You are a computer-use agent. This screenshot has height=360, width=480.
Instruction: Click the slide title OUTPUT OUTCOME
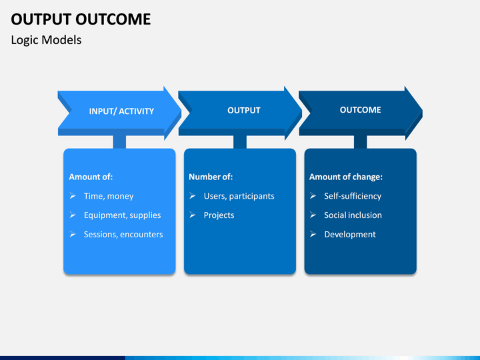click(x=81, y=19)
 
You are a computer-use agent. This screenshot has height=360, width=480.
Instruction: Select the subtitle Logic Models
click(x=46, y=40)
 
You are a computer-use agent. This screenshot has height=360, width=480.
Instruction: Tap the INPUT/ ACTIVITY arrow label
click(x=121, y=111)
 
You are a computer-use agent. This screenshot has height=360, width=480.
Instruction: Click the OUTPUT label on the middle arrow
click(x=244, y=110)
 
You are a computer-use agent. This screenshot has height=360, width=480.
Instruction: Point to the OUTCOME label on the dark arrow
click(x=360, y=110)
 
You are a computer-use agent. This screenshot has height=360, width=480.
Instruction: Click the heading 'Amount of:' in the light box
click(x=91, y=177)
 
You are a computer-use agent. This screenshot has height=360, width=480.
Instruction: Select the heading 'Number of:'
click(x=211, y=177)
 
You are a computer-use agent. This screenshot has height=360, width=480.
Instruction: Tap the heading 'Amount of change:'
click(x=346, y=177)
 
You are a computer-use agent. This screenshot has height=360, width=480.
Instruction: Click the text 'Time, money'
click(x=109, y=196)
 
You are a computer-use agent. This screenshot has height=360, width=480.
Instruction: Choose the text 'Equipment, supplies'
click(x=123, y=215)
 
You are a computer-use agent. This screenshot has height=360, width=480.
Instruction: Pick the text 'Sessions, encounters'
click(x=123, y=235)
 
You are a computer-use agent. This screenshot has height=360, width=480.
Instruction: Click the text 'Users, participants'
click(x=239, y=196)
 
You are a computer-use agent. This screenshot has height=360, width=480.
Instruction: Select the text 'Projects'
click(x=219, y=215)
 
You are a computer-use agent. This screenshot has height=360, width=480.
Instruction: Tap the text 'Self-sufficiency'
click(x=353, y=196)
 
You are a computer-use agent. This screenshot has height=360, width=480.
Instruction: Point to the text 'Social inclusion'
click(x=353, y=215)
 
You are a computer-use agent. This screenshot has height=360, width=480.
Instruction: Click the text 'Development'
click(x=350, y=235)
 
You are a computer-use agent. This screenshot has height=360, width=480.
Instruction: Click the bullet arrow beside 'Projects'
click(x=193, y=215)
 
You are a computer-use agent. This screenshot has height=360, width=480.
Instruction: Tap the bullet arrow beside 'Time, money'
click(x=73, y=195)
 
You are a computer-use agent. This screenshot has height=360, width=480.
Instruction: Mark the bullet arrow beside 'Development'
click(x=313, y=234)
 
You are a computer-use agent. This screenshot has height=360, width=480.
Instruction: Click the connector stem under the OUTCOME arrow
click(x=360, y=142)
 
